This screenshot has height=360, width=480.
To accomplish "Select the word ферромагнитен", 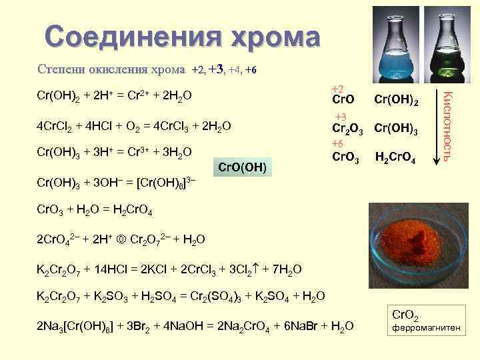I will [x=425, y=328].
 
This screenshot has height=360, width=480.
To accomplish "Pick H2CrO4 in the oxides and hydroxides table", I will [x=397, y=159].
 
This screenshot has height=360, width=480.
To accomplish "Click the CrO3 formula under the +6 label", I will [x=345, y=159].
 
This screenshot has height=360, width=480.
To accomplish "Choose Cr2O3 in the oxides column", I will [x=347, y=129].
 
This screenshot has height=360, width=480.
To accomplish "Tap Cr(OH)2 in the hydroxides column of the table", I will [x=397, y=100].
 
